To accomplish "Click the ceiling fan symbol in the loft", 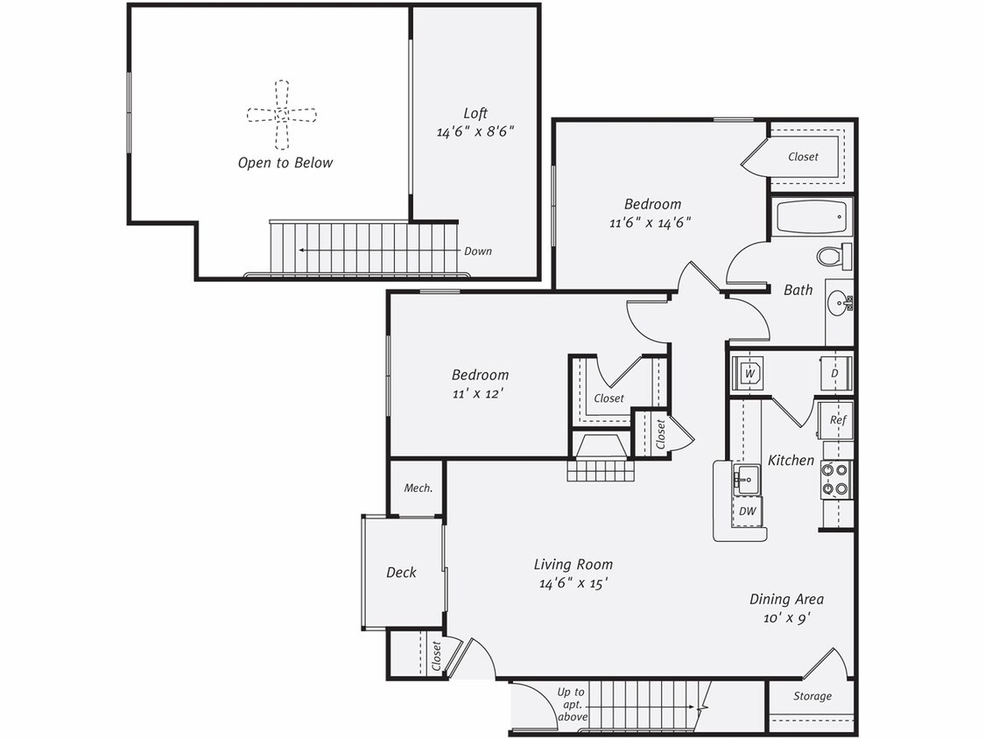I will tap(281, 114).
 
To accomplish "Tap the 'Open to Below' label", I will tap(285, 163).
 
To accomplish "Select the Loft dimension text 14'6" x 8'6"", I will tap(475, 131).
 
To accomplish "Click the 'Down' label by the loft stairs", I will tap(478, 251).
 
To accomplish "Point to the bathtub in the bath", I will tap(811, 216).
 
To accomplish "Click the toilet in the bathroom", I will tap(834, 256).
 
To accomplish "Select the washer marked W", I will tap(749, 373).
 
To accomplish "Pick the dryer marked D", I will tap(834, 373).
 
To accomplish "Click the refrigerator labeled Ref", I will tap(837, 420).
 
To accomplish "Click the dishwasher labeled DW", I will tap(747, 510).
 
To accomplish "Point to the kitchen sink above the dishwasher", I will tap(747, 478).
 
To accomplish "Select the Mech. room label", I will tap(418, 488).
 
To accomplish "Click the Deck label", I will tap(401, 573).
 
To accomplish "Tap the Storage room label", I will tap(813, 696).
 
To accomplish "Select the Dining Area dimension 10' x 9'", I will tap(785, 618).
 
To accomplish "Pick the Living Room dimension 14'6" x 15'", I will tap(573, 582).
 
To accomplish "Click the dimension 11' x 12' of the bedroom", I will tap(477, 393).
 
